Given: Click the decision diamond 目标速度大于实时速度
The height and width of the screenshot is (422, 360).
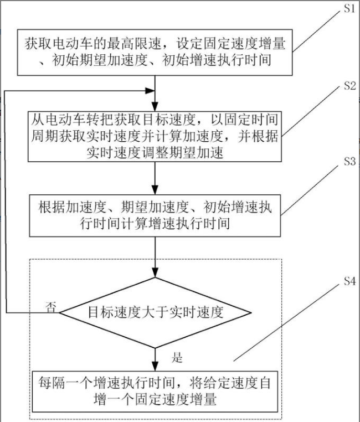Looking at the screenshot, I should tap(156, 312).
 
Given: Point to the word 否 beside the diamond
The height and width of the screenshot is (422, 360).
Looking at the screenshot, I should tap(50, 307).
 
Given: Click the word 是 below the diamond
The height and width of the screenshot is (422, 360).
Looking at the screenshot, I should tap(177, 357).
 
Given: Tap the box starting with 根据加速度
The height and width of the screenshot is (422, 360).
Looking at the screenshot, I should tap(155, 214).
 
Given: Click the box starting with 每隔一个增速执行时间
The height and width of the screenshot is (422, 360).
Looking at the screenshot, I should tap(155, 390).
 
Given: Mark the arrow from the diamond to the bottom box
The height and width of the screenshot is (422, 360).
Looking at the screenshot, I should tap(156, 354).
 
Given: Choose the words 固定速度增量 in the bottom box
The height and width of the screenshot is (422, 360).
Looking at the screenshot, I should tap(183, 398).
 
